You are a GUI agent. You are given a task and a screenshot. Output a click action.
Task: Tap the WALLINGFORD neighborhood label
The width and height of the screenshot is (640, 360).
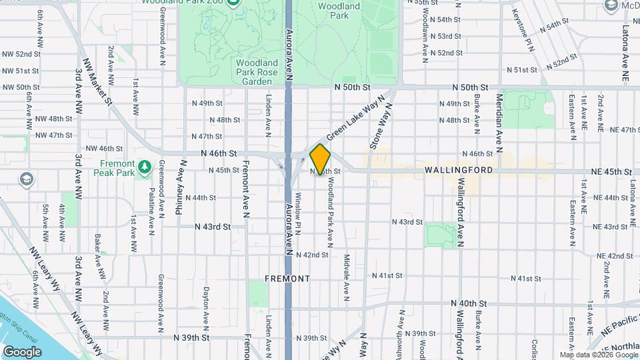(459, 171)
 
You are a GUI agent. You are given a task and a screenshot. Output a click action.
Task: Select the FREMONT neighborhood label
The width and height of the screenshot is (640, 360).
(287, 278)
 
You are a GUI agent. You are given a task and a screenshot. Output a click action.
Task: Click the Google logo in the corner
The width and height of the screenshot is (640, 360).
(22, 351)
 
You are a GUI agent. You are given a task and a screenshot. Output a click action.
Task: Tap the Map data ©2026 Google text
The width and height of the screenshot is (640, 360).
(599, 355)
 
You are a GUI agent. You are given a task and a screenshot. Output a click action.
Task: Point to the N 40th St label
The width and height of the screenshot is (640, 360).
(469, 303)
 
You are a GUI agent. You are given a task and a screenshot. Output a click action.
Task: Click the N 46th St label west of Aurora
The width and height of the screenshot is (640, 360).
(224, 153)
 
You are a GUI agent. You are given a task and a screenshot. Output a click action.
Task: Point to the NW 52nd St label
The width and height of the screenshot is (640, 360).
(24, 54)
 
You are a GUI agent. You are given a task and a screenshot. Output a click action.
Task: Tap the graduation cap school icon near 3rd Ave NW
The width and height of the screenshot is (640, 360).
(26, 179)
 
